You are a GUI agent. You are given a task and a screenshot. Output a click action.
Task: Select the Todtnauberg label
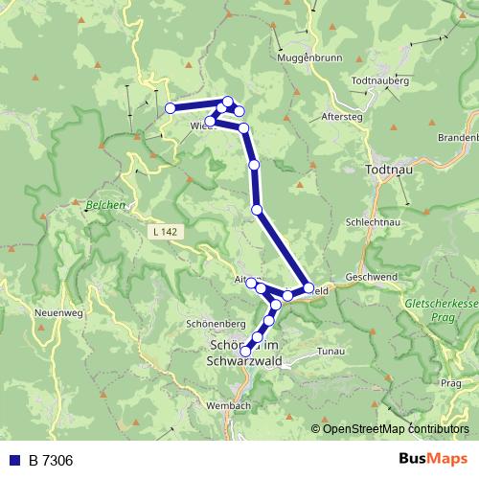tap(384, 81)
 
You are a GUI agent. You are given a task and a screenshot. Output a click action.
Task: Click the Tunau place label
tap(329, 352)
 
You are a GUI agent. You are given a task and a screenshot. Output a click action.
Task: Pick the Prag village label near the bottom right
tap(451, 383)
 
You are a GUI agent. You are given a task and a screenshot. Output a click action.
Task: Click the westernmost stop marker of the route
tap(171, 108)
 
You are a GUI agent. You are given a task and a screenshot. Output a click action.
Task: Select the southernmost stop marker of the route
tap(246, 352)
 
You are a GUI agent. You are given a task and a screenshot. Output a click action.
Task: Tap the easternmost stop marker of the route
tap(308, 287)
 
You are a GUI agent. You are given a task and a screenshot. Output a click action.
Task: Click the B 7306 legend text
tap(51, 461)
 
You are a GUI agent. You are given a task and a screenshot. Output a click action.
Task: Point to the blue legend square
tap(14, 461)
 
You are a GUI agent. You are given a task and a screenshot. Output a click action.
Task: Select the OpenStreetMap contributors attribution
tap(390, 428)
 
